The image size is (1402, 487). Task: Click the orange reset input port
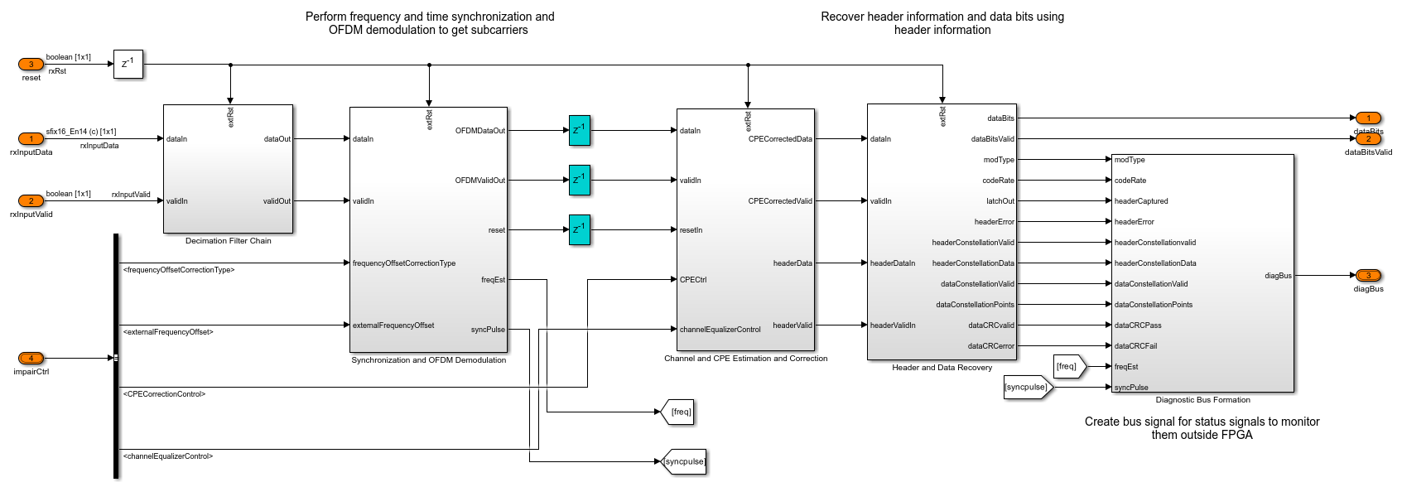click(31, 65)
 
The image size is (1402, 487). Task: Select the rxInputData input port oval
click(31, 139)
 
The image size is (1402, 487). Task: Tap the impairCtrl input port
click(31, 359)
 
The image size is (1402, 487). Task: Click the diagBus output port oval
click(1368, 276)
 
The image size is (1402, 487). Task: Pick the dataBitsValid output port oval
click(1368, 139)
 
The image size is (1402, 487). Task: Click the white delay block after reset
click(128, 64)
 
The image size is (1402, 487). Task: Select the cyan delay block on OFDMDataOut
click(580, 131)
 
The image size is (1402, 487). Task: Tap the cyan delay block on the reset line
click(580, 229)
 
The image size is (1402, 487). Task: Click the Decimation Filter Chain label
click(229, 241)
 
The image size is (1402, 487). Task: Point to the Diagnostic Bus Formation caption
click(1202, 400)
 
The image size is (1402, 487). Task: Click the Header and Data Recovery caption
click(942, 368)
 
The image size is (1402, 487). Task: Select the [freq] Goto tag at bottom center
click(679, 412)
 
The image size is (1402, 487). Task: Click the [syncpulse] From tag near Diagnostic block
click(1027, 387)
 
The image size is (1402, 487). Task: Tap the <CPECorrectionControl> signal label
click(164, 394)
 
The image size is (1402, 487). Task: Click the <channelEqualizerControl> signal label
click(168, 456)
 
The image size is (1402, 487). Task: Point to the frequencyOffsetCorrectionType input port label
click(404, 263)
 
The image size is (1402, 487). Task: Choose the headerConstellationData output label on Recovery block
click(973, 263)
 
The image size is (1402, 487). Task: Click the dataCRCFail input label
click(1135, 346)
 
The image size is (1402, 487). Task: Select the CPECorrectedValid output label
click(780, 201)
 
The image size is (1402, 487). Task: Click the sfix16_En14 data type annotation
click(81, 132)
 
